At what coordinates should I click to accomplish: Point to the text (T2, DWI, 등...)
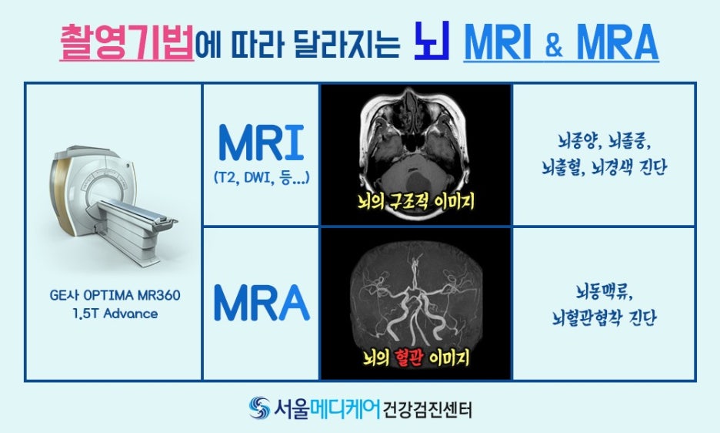point(261,178)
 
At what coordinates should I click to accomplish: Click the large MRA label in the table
point(262,302)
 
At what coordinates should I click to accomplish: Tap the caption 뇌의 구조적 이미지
point(415,203)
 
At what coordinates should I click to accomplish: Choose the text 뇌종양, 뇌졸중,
point(604,142)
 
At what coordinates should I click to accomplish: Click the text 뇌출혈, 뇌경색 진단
point(604,166)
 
